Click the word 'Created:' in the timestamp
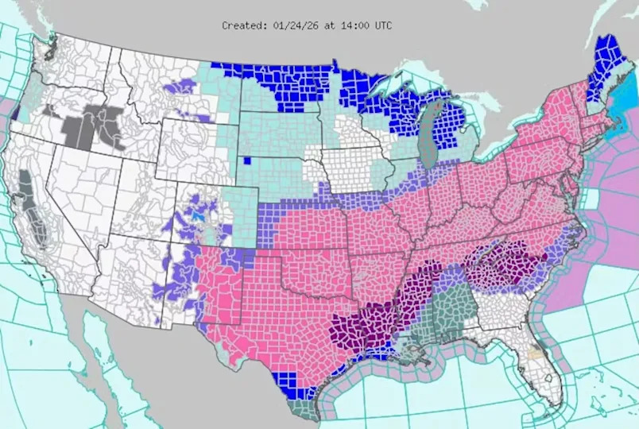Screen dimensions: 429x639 pyautogui.click(x=243, y=25)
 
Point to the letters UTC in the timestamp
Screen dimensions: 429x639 pyautogui.click(x=381, y=25)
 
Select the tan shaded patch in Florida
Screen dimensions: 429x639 pyautogui.click(x=538, y=350)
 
